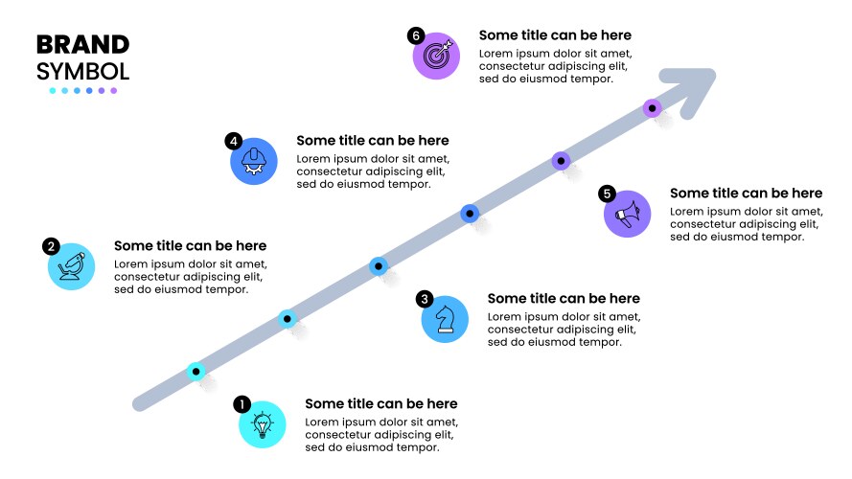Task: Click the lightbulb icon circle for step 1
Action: click(263, 424)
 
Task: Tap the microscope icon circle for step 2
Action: click(72, 265)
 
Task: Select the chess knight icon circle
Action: click(446, 319)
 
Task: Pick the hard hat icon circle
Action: click(254, 160)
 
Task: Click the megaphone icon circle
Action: click(628, 213)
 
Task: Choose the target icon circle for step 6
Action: click(437, 55)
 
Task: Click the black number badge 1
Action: click(242, 404)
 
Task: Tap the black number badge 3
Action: click(425, 299)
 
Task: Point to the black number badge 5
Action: click(607, 194)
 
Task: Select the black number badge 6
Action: click(415, 35)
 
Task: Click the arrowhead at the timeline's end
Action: click(698, 85)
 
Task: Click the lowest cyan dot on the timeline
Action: click(196, 371)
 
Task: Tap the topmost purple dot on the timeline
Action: click(652, 108)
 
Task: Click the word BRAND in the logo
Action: click(82, 45)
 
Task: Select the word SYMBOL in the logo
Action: click(82, 71)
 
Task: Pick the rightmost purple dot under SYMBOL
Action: click(114, 91)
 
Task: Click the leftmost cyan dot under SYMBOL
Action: click(53, 91)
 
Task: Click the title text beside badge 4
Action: click(372, 140)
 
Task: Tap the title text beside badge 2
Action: click(190, 246)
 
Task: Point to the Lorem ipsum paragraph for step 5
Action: click(746, 223)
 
